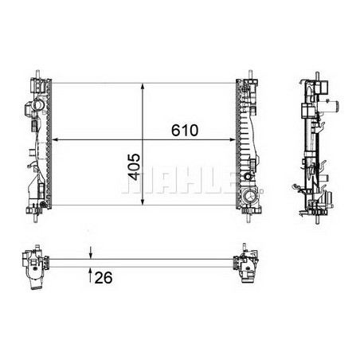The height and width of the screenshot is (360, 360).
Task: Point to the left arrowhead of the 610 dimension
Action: pos(57,141)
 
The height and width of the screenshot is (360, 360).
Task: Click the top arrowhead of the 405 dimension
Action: pos(143,84)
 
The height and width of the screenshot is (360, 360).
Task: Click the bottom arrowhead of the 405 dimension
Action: pos(143,202)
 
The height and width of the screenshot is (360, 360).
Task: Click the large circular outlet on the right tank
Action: pos(251,196)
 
